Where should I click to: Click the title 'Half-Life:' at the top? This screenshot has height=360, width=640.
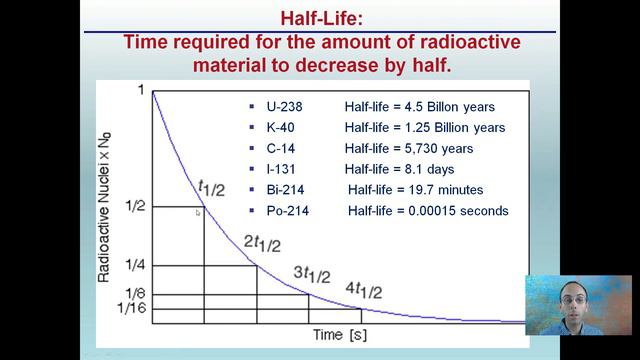tap(319, 19)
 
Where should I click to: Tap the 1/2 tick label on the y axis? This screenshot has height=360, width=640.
tap(135, 206)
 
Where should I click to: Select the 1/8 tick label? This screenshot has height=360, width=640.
tap(135, 294)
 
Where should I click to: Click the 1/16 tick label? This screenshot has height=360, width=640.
tap(132, 308)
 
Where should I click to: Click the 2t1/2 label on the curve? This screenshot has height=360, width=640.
tap(263, 245)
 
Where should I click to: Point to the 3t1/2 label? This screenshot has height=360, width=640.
tap(312, 274)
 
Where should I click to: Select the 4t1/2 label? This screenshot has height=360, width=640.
tap(364, 291)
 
